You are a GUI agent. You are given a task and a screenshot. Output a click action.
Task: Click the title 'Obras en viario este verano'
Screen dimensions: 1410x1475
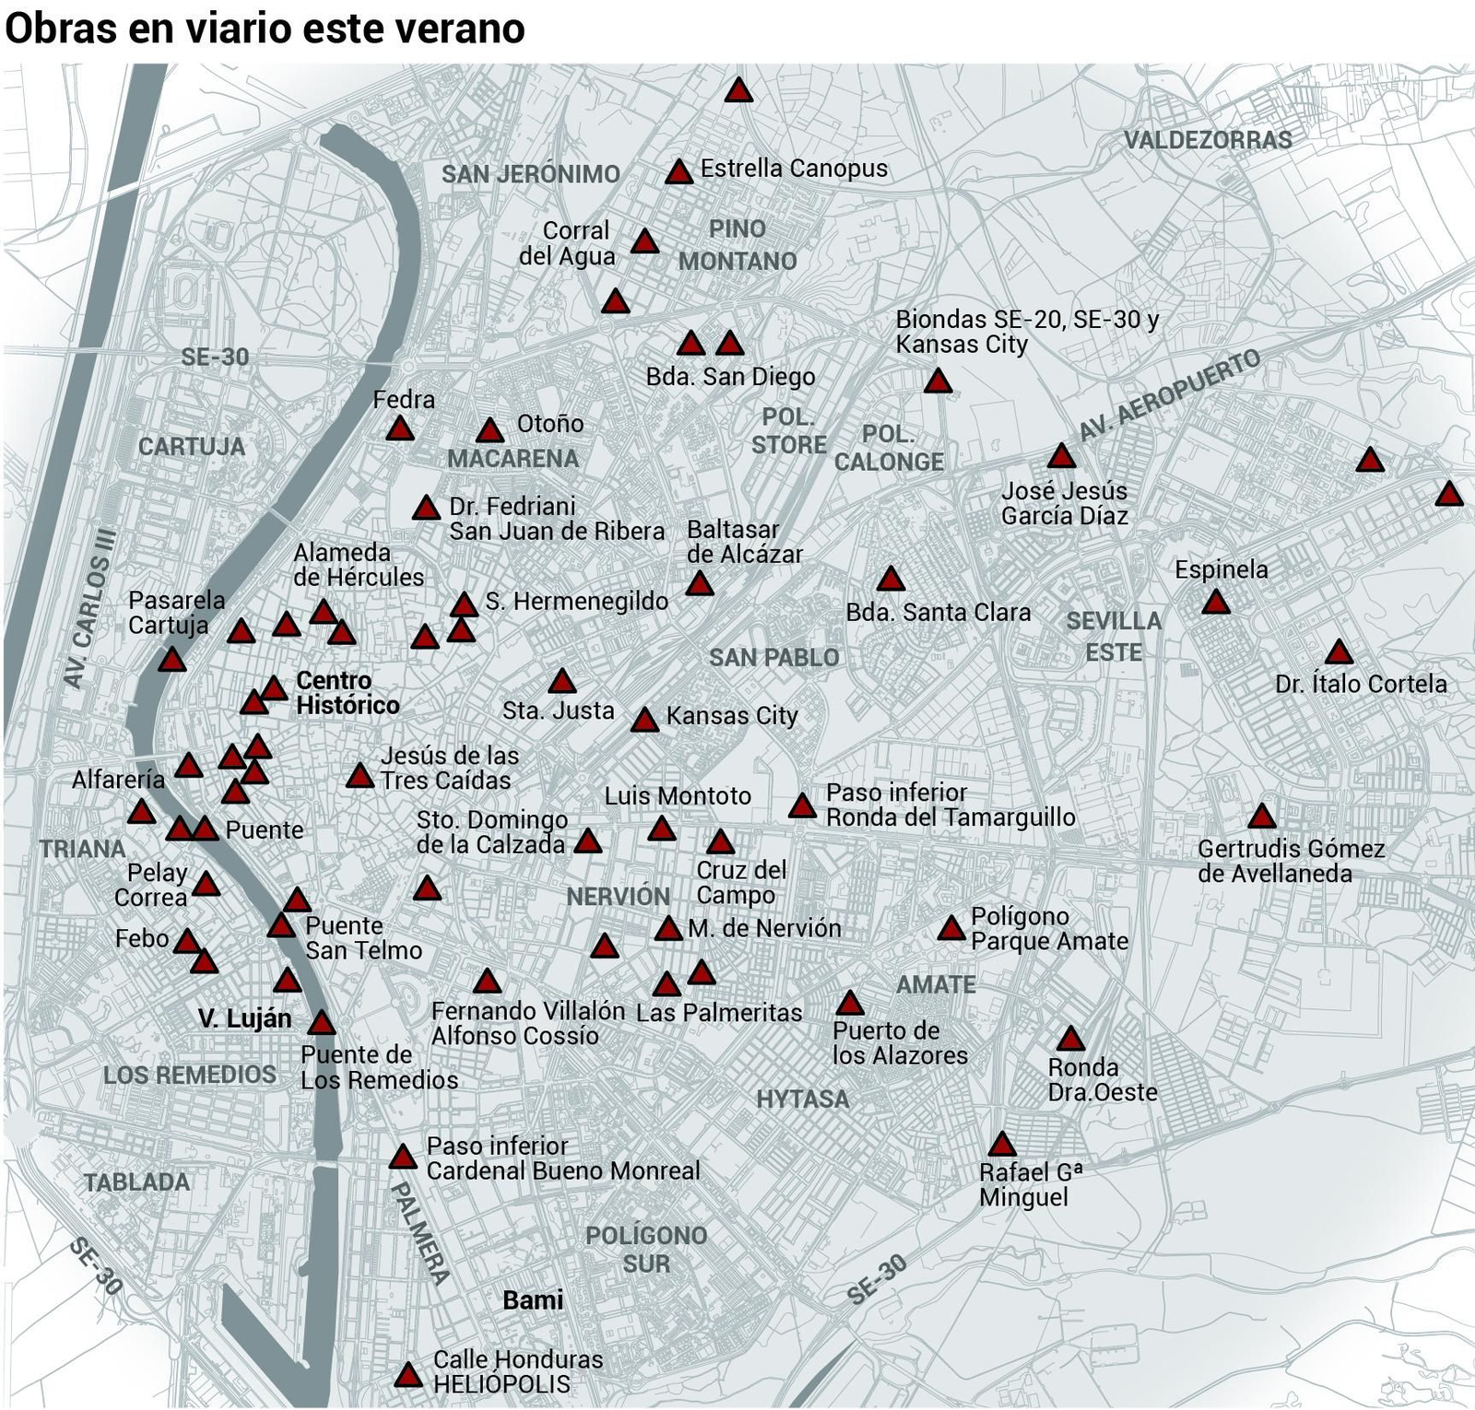coord(265,28)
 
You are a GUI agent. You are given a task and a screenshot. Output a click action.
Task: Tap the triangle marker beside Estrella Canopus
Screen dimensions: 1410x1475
coord(679,172)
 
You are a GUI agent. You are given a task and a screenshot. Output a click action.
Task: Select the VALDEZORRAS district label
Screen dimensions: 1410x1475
coord(1208,140)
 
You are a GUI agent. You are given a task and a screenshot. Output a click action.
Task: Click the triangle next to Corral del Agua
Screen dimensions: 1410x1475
coord(644,242)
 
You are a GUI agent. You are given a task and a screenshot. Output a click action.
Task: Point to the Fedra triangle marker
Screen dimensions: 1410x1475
coord(400,429)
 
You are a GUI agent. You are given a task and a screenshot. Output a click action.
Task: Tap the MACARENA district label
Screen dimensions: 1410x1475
coord(513,458)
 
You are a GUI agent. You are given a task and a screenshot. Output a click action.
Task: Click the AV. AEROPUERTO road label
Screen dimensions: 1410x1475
coord(1169,394)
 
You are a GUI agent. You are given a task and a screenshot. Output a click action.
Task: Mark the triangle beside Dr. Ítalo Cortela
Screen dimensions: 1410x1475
coord(1339,653)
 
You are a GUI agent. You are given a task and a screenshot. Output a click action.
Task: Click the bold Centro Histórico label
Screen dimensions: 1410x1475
coord(347,693)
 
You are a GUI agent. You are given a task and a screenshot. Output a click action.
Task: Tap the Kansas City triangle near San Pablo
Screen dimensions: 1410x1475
coord(644,720)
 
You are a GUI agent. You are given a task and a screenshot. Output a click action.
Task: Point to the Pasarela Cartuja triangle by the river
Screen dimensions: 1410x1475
coord(172,660)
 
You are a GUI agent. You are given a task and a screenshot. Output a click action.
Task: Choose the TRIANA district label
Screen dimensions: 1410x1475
coord(82,849)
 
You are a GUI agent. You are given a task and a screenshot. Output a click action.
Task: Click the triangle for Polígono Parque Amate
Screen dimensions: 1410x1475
coord(950,929)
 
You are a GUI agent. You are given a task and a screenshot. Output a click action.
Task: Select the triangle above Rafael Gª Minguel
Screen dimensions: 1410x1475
coord(1001,1146)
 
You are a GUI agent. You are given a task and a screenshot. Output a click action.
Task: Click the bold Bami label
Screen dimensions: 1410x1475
coord(533,1300)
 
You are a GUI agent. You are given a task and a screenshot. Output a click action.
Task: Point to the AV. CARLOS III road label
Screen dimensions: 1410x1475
coord(89,607)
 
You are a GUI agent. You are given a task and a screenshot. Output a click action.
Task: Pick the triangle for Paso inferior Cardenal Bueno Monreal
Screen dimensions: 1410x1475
coord(402,1157)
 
